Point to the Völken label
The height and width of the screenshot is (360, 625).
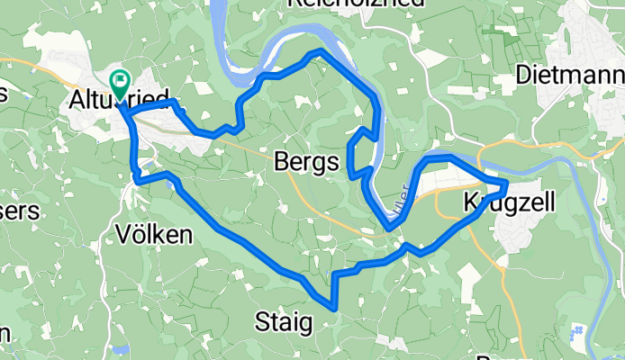click(x=154, y=236)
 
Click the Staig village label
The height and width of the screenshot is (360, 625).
click(x=284, y=320)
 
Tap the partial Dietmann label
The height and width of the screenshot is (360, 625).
click(x=570, y=73)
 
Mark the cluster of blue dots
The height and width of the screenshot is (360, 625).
click(x=576, y=337)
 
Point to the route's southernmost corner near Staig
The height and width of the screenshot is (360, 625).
click(x=334, y=307)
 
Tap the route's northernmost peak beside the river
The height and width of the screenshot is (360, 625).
click(x=315, y=54)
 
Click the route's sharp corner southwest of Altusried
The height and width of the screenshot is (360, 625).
click(x=136, y=179)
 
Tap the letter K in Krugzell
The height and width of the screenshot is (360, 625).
click(x=471, y=200)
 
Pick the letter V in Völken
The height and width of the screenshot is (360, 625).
click(x=125, y=236)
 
